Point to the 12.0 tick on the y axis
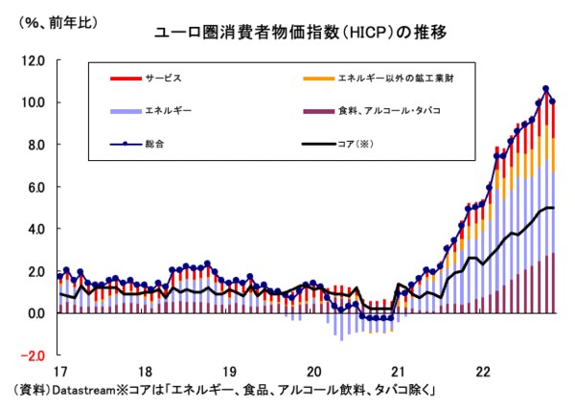34,60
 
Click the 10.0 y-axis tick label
34,103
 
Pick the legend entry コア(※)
350,146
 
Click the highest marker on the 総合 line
546,89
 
